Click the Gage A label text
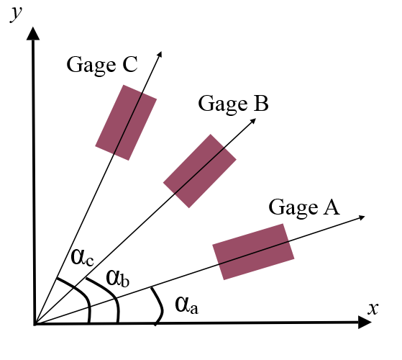point(303,207)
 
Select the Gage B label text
point(233,104)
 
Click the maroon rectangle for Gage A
point(253,251)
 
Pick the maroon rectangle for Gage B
point(200,171)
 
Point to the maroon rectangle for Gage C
point(126,122)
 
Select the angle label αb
point(117,277)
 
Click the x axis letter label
point(373,308)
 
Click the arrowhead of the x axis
point(363,325)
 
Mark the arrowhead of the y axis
point(33,33)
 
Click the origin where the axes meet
point(34,325)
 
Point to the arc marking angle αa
point(157,305)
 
